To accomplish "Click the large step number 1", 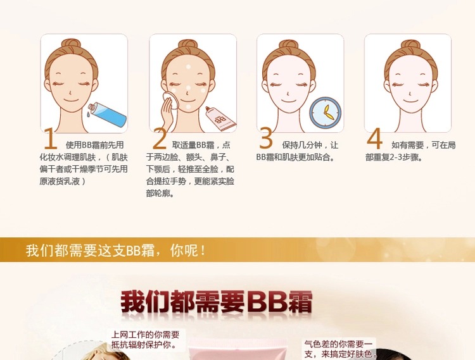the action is click(x=50, y=139).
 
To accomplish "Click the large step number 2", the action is click(x=160, y=139).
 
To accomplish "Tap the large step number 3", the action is click(x=266, y=138).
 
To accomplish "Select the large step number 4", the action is click(x=374, y=139).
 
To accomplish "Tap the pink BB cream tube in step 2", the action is click(x=220, y=119).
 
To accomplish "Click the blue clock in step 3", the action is click(x=326, y=113).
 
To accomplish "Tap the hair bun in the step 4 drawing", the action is click(x=410, y=45).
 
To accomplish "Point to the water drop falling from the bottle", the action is click(x=87, y=114).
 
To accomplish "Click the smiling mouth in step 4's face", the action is click(x=410, y=101).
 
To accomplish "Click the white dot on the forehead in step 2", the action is click(x=189, y=67).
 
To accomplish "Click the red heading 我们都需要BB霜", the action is click(x=217, y=302).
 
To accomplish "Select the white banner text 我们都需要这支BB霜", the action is click(x=91, y=251).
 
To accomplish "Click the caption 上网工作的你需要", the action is click(x=146, y=335).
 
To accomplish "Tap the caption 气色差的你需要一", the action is click(x=338, y=344).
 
